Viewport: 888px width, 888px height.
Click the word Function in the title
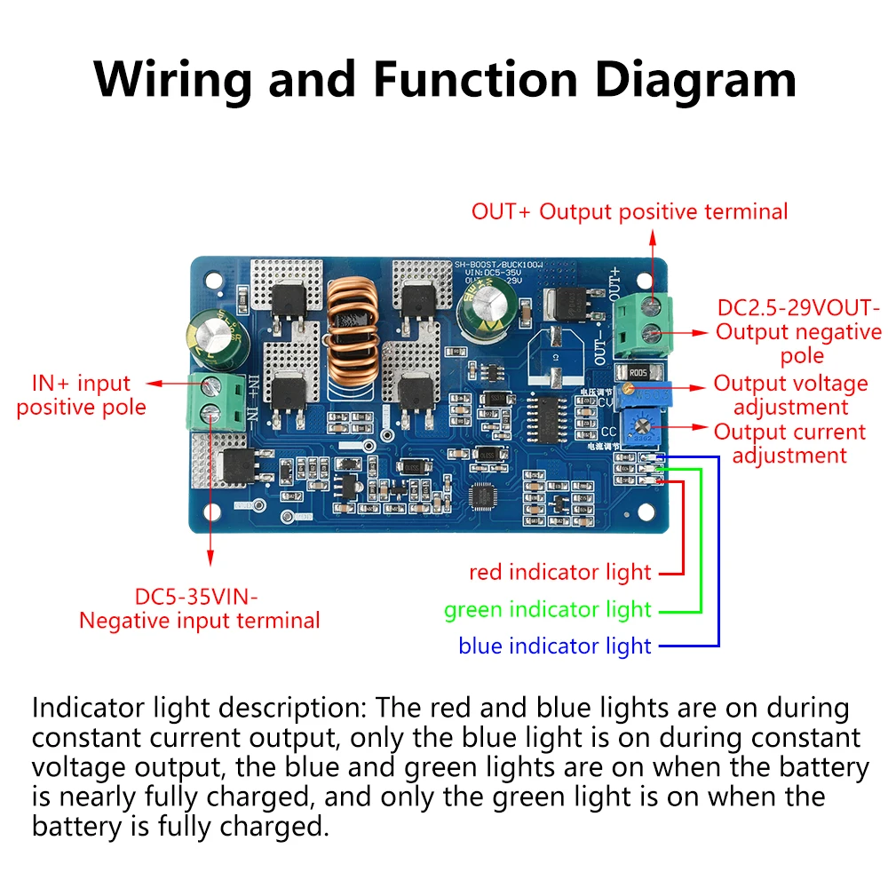coord(475,80)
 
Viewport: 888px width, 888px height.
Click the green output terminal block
coord(646,321)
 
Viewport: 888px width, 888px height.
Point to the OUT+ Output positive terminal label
coord(629,211)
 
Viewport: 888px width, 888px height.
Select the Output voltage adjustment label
coord(790,395)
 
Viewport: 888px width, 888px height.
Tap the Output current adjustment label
coord(789,443)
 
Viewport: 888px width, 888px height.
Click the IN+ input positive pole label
coord(81,395)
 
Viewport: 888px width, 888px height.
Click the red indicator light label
coord(559,573)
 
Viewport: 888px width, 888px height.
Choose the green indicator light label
coord(548,610)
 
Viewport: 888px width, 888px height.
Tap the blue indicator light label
coord(555,646)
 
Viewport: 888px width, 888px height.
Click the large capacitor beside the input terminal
coord(210,343)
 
